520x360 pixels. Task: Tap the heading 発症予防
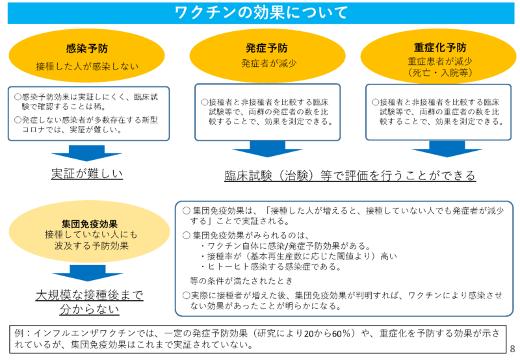(x=267, y=48)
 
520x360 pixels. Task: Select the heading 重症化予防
(x=439, y=47)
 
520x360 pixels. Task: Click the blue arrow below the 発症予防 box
(x=266, y=153)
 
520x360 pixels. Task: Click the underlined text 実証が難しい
(x=86, y=174)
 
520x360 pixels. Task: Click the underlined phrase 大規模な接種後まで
(x=89, y=294)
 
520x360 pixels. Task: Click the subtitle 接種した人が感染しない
(x=87, y=66)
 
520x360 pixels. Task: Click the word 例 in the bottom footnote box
(x=19, y=333)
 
